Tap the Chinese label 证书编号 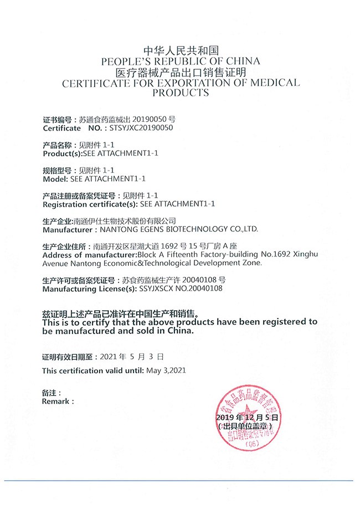(58, 119)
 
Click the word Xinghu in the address (306, 254)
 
